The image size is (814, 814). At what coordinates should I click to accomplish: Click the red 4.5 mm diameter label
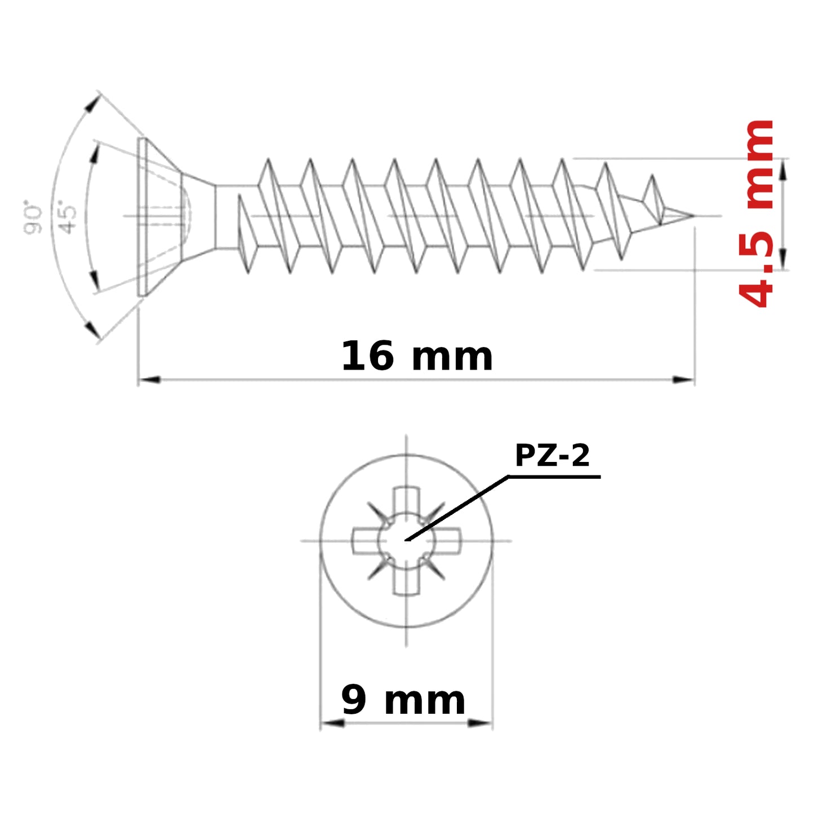pyautogui.click(x=756, y=214)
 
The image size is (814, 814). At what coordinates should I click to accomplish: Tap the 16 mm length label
pyautogui.click(x=417, y=356)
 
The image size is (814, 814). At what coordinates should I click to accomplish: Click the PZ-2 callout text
pyautogui.click(x=551, y=456)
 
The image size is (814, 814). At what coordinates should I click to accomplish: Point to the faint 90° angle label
pyautogui.click(x=33, y=217)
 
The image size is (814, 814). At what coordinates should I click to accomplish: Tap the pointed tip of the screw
pyautogui.click(x=693, y=216)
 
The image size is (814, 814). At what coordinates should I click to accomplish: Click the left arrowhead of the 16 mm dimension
pyautogui.click(x=149, y=380)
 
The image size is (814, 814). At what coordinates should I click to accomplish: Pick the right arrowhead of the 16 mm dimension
pyautogui.click(x=683, y=380)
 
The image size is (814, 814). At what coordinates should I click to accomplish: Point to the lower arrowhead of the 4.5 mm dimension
pyautogui.click(x=783, y=259)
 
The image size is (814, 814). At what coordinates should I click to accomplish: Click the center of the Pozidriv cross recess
pyautogui.click(x=406, y=540)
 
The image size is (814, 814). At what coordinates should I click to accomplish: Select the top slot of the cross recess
pyautogui.click(x=406, y=501)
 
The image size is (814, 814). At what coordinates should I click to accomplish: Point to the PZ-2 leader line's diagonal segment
pyautogui.click(x=457, y=508)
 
